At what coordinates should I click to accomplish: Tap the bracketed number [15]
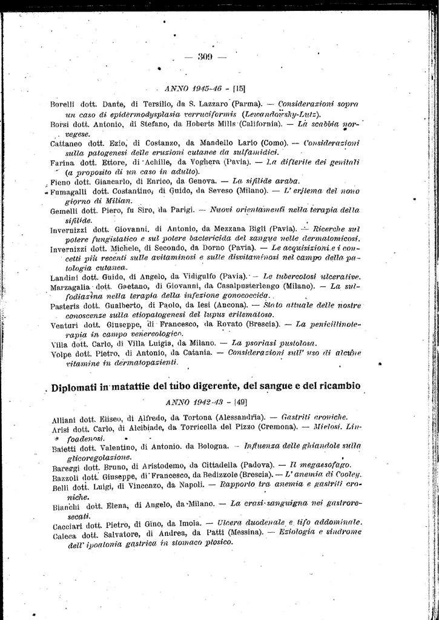pos(238,87)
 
